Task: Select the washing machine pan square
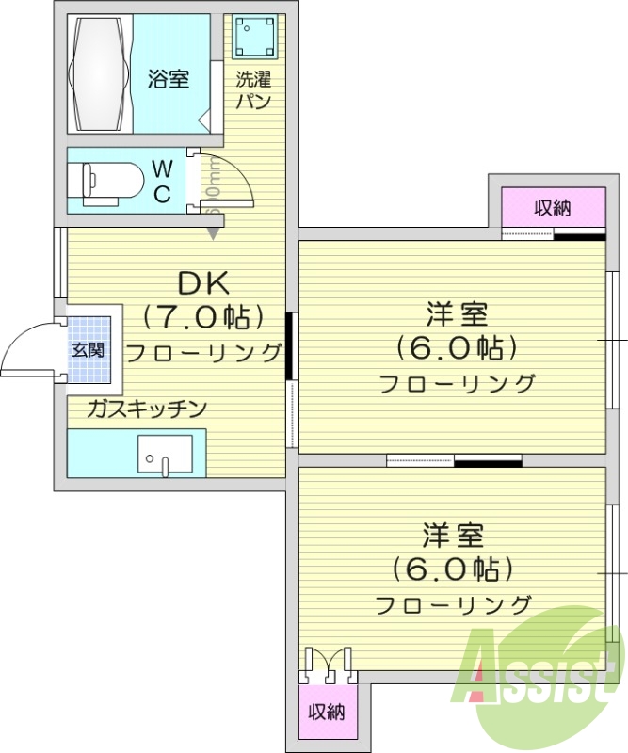pos(252,38)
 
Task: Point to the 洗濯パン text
pos(253,90)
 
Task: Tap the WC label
pos(162,182)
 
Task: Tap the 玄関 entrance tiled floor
pos(89,348)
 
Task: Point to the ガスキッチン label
pos(146,409)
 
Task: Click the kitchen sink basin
pos(165,454)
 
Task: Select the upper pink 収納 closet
pos(553,208)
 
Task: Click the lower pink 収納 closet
pos(328,712)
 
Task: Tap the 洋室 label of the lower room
pos(452,536)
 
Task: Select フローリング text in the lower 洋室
pos(453,604)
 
